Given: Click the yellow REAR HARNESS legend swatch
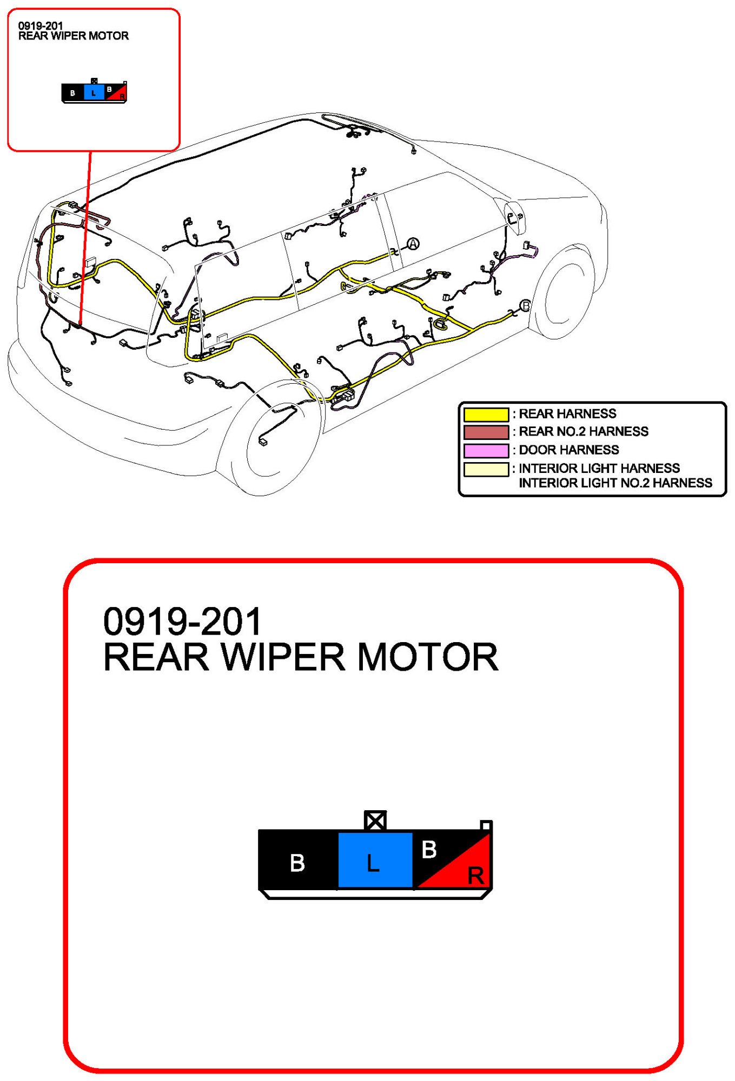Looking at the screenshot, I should tap(486, 414).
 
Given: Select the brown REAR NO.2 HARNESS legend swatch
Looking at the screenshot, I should tap(486, 432).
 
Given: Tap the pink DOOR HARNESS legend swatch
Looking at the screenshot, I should tap(486, 450).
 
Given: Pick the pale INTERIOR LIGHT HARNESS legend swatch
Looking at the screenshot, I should tap(486, 469).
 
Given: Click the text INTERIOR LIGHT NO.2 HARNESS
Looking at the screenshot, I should tap(615, 483).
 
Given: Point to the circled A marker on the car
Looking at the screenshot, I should tap(413, 244).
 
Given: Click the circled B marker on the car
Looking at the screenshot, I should tap(525, 306).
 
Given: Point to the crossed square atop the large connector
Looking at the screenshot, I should tap(375, 820).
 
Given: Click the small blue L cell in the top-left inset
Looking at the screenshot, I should tap(94, 92).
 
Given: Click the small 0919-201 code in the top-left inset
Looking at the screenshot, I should tap(41, 25).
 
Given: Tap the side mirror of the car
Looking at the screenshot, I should tap(514, 217).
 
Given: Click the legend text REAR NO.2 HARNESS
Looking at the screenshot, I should tap(583, 431).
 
